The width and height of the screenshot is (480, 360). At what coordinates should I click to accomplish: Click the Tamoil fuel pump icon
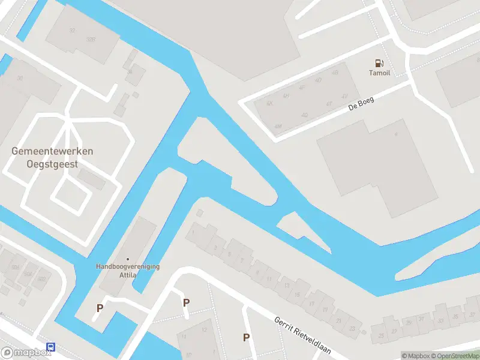(379, 63)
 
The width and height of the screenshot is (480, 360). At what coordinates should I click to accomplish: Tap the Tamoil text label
(379, 73)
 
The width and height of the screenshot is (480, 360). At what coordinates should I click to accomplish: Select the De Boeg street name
(361, 104)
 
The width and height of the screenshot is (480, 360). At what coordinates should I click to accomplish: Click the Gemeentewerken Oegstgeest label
(52, 157)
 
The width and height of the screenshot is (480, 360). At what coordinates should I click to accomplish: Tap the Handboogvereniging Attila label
(128, 271)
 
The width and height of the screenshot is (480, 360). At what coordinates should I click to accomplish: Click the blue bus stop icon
(52, 348)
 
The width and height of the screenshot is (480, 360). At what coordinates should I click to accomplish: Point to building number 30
(20, 78)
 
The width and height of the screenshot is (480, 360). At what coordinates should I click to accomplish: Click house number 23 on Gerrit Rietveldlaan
(352, 328)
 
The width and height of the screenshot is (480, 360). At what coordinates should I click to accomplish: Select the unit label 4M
(277, 127)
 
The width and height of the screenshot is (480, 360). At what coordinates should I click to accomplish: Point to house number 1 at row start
(194, 233)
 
